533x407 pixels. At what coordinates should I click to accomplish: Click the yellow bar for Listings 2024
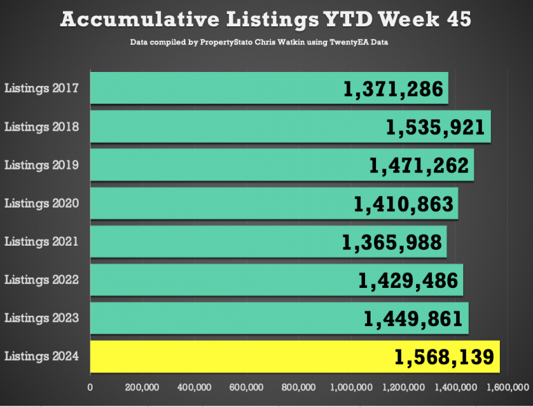click(295, 356)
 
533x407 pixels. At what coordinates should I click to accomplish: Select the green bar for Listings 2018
click(290, 127)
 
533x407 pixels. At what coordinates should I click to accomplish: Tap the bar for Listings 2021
click(268, 242)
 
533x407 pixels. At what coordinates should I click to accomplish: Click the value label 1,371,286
click(393, 89)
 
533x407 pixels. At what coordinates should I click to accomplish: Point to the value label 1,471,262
click(419, 165)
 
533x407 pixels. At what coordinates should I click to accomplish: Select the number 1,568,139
click(445, 357)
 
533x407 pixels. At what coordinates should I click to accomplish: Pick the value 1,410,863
click(404, 204)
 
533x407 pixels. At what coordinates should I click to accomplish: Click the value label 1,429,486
click(409, 281)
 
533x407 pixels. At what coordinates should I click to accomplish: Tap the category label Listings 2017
click(41, 89)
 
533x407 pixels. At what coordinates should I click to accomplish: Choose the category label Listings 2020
click(41, 203)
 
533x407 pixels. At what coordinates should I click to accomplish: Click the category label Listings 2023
click(41, 318)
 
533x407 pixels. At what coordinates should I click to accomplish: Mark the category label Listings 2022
click(41, 280)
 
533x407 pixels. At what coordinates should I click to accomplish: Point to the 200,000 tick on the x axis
click(142, 387)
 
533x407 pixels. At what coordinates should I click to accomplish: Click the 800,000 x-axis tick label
click(299, 387)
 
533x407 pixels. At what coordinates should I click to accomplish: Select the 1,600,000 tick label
click(508, 387)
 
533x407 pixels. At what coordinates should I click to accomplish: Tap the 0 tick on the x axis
click(90, 387)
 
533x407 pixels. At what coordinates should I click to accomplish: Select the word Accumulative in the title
click(140, 19)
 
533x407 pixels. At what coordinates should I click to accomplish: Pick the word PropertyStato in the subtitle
click(226, 42)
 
